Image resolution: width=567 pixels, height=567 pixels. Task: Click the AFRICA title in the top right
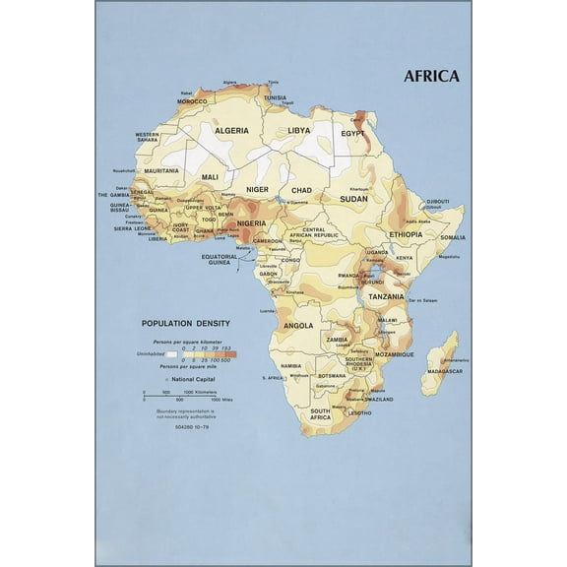[431, 76]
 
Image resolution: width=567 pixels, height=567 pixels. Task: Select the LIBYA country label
[299, 130]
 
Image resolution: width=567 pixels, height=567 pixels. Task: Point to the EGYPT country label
[352, 133]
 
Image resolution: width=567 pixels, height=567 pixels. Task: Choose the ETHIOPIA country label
[405, 234]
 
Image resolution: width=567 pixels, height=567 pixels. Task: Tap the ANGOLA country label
[298, 325]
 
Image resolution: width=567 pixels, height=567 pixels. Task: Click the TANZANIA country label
[386, 296]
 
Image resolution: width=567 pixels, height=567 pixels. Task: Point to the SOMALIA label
[453, 237]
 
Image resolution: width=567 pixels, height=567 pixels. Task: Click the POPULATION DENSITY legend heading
[186, 323]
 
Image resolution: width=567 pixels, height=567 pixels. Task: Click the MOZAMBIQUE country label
[393, 353]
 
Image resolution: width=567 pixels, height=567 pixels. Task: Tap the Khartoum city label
[359, 189]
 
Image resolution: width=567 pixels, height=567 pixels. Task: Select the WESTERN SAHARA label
[147, 137]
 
